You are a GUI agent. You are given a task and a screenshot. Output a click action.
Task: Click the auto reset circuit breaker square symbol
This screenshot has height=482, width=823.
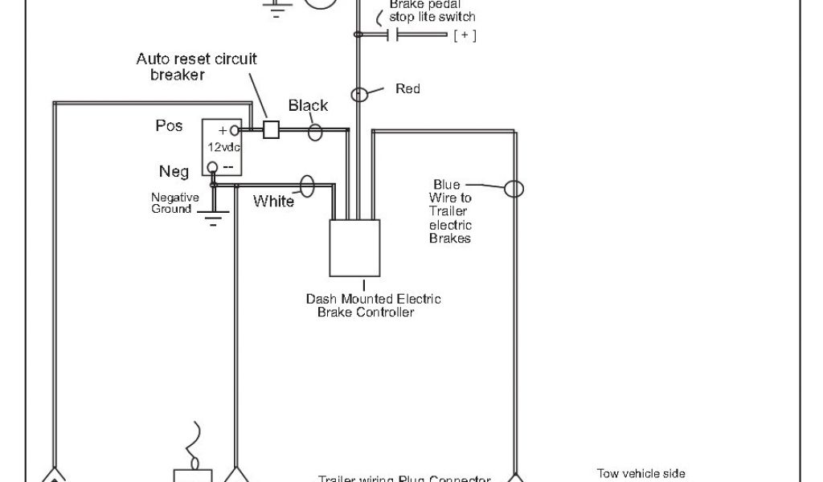tap(271, 129)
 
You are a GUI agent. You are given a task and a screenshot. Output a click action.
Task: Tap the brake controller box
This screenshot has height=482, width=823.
tap(354, 247)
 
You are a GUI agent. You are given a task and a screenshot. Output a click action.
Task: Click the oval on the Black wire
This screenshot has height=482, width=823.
tap(317, 131)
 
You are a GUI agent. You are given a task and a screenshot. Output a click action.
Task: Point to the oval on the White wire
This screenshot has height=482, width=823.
tap(306, 186)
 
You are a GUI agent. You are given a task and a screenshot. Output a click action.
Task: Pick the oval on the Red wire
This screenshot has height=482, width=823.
tap(361, 94)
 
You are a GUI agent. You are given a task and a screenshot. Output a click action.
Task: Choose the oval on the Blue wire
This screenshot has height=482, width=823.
tap(514, 190)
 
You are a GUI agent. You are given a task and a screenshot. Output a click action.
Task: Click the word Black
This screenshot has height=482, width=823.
tap(308, 106)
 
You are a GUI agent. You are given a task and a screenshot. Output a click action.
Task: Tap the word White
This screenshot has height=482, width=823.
tap(274, 201)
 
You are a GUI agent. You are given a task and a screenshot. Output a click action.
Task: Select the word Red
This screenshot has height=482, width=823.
tap(407, 88)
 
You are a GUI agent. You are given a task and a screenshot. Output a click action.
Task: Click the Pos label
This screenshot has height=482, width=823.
tap(169, 126)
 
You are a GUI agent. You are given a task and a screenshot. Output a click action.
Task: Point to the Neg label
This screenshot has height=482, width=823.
tap(174, 171)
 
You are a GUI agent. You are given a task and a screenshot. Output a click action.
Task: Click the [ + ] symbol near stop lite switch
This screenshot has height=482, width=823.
tap(465, 35)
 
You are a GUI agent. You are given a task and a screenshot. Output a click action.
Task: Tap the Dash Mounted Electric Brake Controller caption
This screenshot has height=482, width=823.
tap(373, 305)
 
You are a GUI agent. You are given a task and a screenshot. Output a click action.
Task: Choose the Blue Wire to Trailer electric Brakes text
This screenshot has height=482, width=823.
tap(452, 210)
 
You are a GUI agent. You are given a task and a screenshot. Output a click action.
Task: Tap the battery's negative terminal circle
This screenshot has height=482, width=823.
tap(212, 167)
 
